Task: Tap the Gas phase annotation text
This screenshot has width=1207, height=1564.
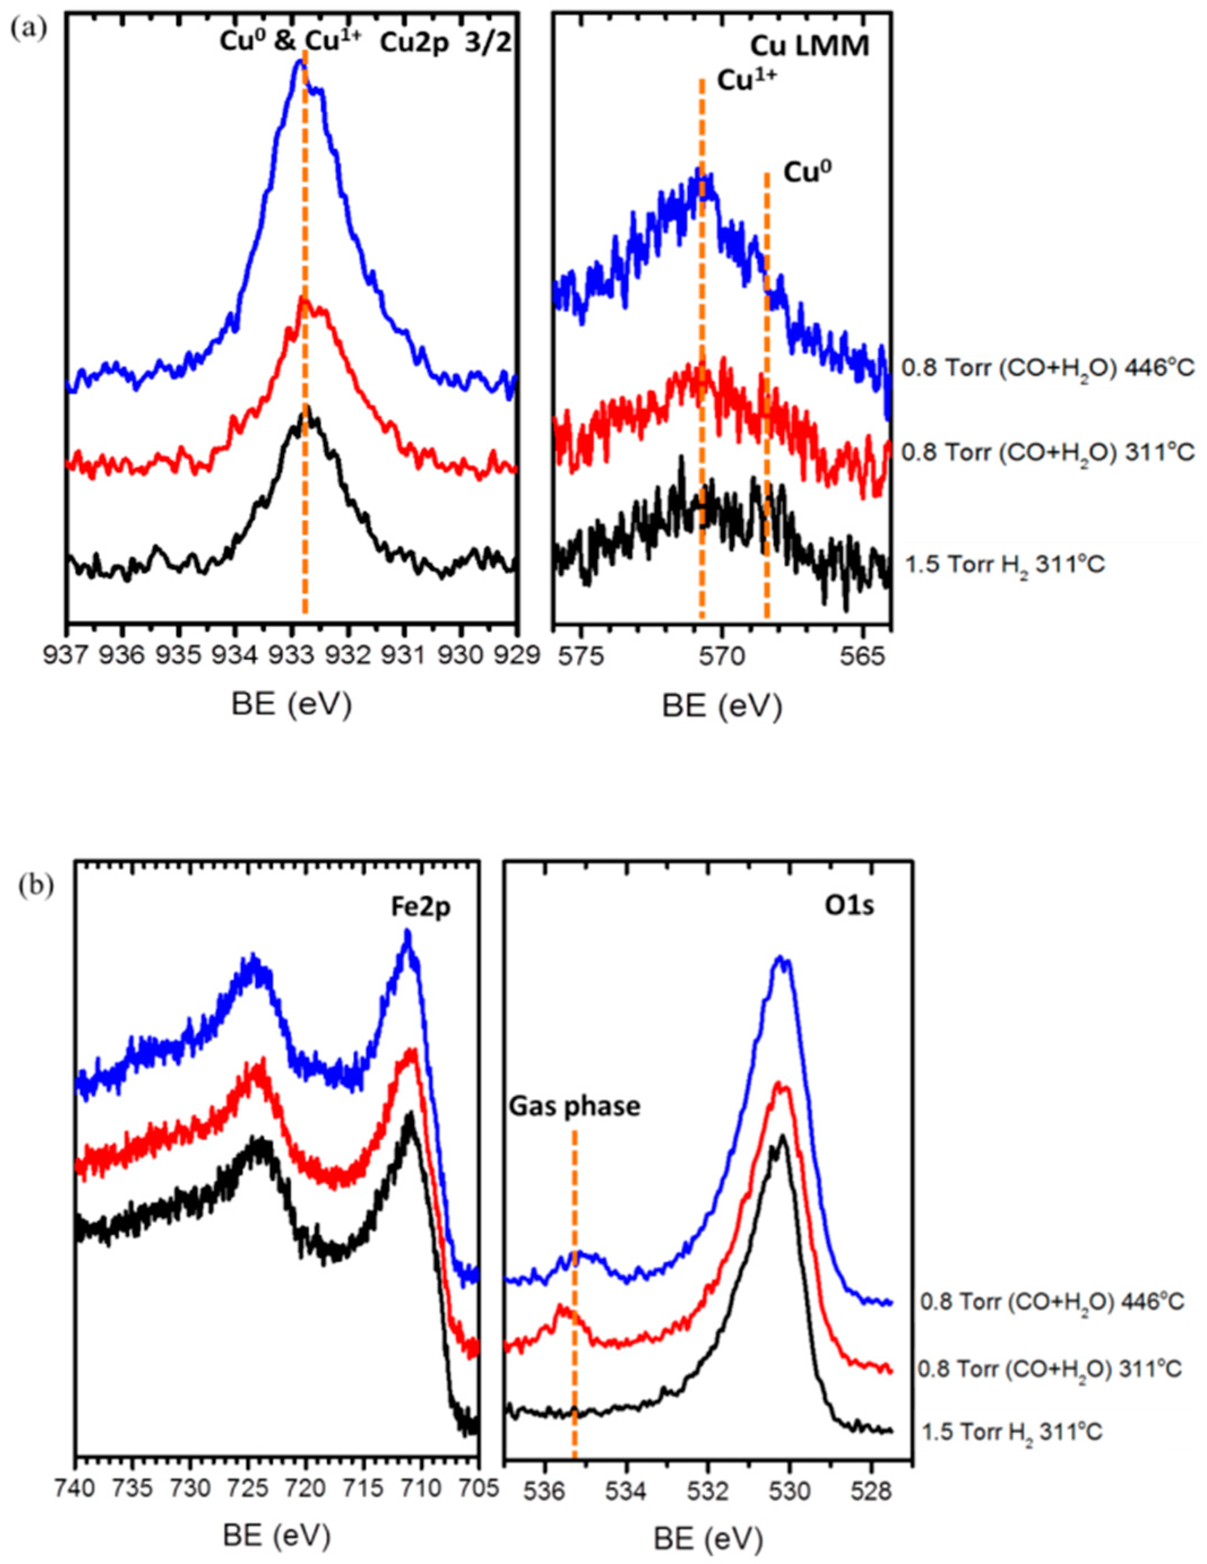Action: (574, 1106)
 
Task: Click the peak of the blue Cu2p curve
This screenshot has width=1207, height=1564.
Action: (300, 62)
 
